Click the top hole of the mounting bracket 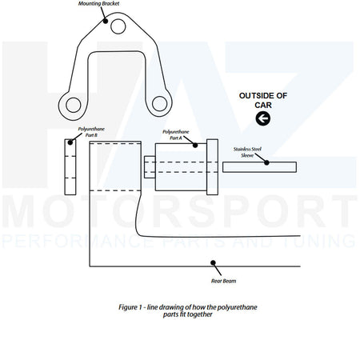[x=118, y=26]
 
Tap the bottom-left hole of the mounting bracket [x=74, y=105]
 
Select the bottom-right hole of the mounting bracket [x=159, y=104]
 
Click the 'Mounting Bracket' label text [x=98, y=4]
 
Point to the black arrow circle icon [x=263, y=118]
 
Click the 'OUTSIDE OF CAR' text [x=263, y=100]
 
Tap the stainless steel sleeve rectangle [x=259, y=167]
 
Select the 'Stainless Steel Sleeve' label [x=247, y=152]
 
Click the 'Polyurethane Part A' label [x=176, y=134]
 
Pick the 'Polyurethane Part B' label [x=91, y=132]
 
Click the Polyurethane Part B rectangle [x=70, y=167]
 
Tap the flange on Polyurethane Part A [x=212, y=167]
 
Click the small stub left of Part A [x=150, y=167]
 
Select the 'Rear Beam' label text [x=223, y=281]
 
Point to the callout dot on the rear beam [x=213, y=263]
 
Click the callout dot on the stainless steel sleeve [x=266, y=162]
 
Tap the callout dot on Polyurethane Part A [x=195, y=146]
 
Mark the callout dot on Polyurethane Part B [x=70, y=142]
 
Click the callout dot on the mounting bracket [x=106, y=21]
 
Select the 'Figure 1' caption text [x=188, y=310]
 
